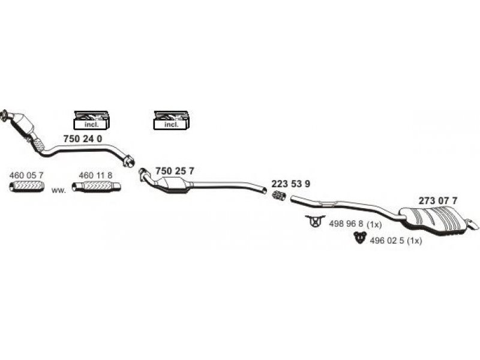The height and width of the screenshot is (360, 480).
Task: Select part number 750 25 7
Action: click(x=175, y=171)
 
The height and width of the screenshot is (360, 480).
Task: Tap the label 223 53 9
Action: click(x=291, y=184)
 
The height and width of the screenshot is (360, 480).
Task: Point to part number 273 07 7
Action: click(x=438, y=200)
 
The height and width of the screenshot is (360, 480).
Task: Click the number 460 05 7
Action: click(x=27, y=175)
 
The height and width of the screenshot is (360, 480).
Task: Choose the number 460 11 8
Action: click(x=96, y=175)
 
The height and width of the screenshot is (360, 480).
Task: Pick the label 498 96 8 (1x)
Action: click(x=356, y=223)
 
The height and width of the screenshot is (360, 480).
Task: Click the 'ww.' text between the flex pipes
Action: click(x=58, y=190)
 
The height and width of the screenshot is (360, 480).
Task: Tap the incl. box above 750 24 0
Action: click(x=91, y=121)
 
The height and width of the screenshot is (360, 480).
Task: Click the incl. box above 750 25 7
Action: click(x=172, y=121)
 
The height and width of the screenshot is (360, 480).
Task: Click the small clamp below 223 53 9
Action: click(x=278, y=196)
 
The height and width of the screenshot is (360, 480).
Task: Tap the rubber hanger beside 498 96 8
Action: click(x=314, y=221)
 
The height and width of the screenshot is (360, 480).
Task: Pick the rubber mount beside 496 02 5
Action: click(x=358, y=239)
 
